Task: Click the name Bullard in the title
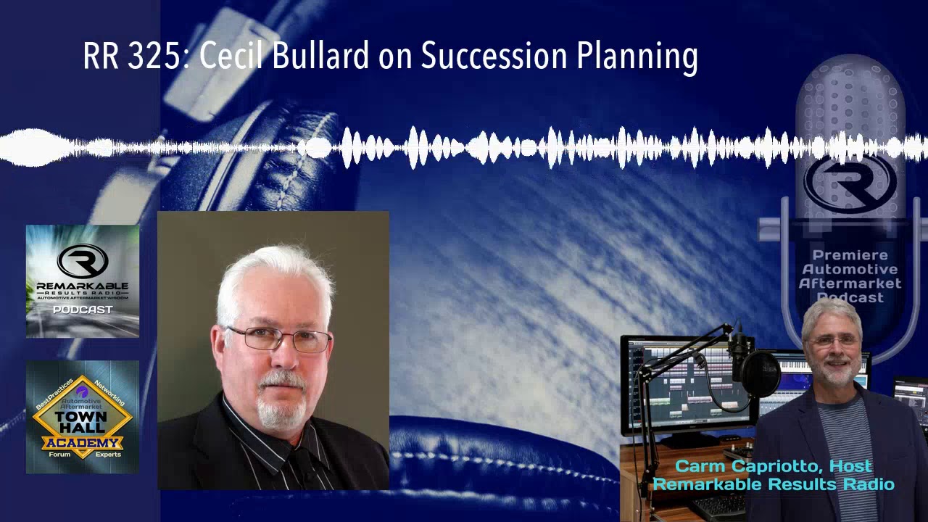320,57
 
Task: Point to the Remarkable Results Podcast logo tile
83,281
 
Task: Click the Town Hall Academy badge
83,417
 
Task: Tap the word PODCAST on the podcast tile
83,310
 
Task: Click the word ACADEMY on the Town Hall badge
81,443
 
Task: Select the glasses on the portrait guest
280,339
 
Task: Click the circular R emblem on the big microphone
850,183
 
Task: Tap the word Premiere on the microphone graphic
850,255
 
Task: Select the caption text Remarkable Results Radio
774,484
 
